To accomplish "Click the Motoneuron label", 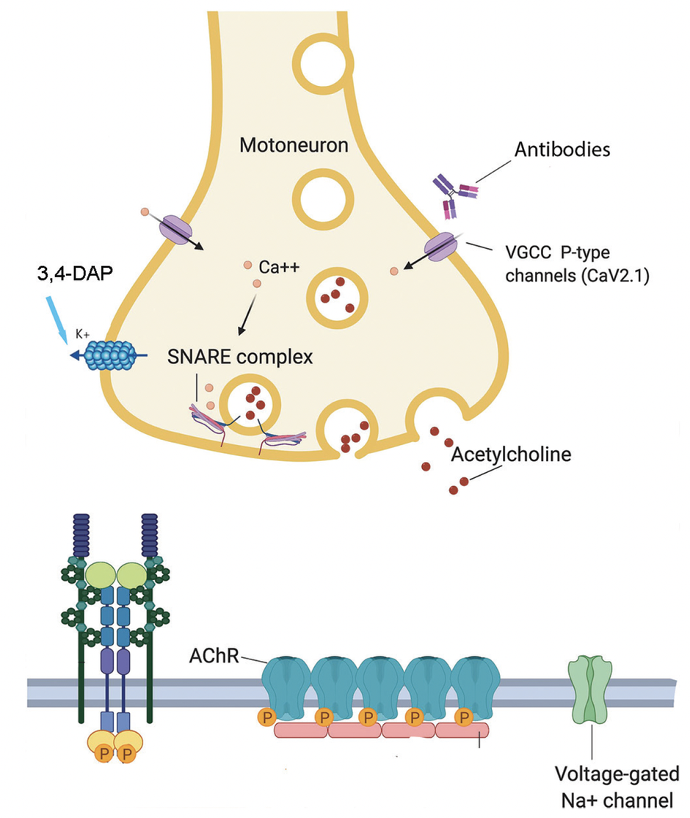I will tap(293, 145).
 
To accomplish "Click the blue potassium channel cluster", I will tap(111, 355).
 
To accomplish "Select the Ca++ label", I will tap(280, 267).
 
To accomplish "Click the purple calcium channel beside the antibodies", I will tap(435, 247).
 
